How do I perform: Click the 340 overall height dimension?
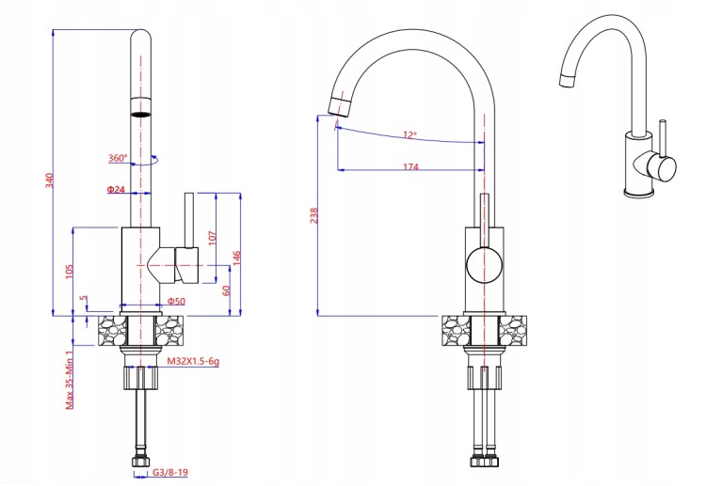click(50, 180)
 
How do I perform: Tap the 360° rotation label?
click(118, 158)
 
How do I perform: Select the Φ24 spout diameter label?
click(116, 190)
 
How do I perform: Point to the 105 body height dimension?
click(70, 271)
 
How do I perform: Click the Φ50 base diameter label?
click(176, 301)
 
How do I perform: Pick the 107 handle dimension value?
click(213, 238)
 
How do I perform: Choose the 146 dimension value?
click(237, 259)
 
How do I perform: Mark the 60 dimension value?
click(226, 290)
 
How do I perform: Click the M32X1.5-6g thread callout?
click(193, 361)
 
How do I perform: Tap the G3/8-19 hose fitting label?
click(170, 473)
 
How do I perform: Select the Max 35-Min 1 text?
click(70, 380)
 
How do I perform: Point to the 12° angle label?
click(409, 134)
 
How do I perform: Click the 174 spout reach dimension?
click(410, 166)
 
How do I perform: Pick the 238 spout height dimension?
click(314, 215)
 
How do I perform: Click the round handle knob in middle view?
click(484, 265)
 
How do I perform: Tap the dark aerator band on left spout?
click(141, 114)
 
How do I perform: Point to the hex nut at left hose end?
click(140, 462)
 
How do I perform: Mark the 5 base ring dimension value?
click(84, 299)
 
